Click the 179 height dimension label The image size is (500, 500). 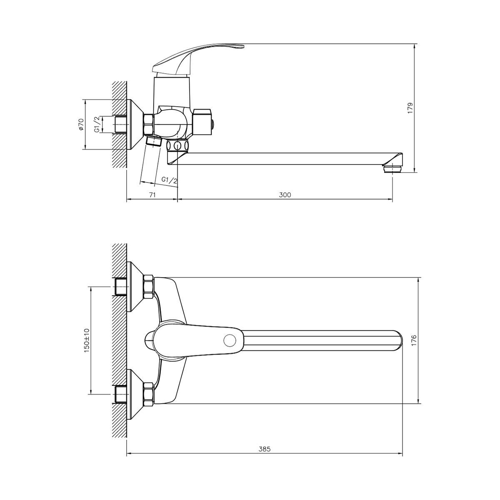pyautogui.click(x=410, y=108)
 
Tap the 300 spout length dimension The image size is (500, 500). pyautogui.click(x=285, y=195)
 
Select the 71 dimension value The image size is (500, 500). pyautogui.click(x=152, y=195)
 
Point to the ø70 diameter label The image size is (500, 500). pyautogui.click(x=81, y=125)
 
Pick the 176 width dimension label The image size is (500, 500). pyautogui.click(x=414, y=340)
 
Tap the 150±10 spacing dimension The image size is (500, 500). pyautogui.click(x=87, y=340)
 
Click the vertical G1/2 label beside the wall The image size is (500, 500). pyautogui.click(x=97, y=125)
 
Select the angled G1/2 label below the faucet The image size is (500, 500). pyautogui.click(x=170, y=180)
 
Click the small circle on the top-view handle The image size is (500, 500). pyautogui.click(x=230, y=340)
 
